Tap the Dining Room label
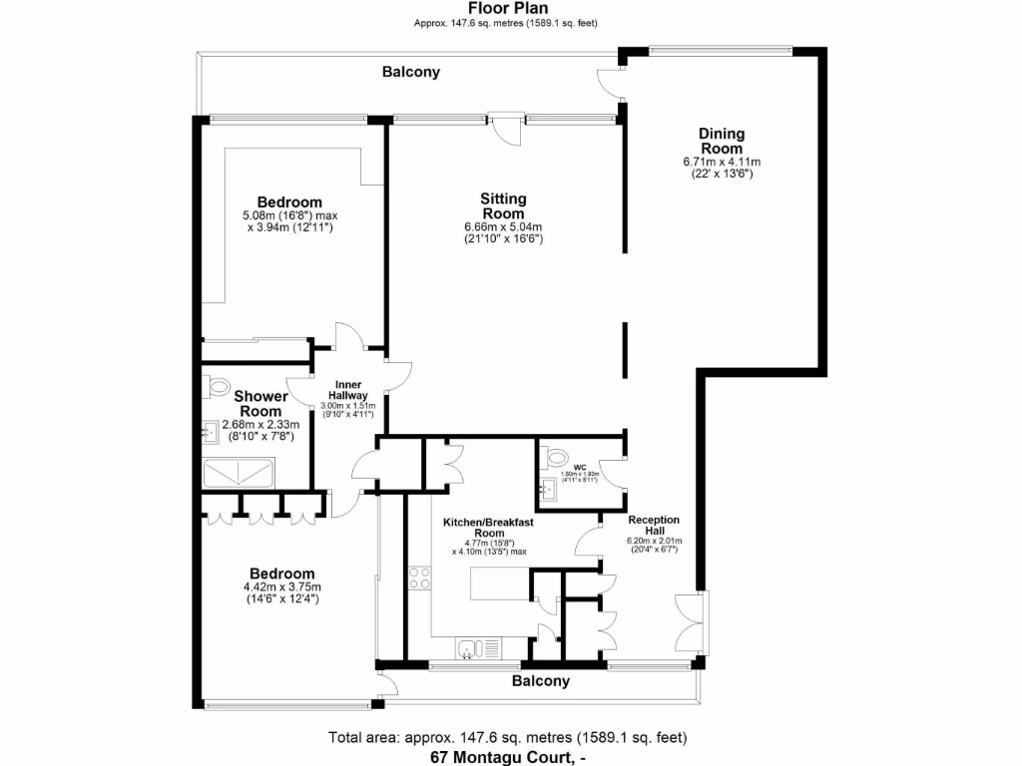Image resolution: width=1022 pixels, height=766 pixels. [x=721, y=141]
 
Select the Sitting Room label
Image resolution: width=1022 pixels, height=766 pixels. [x=503, y=206]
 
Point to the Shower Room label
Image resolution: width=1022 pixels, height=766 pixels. [x=259, y=403]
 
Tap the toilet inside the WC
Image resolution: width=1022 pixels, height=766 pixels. [x=554, y=459]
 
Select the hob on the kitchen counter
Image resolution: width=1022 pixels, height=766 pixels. [x=419, y=577]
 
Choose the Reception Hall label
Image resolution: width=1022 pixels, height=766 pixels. [x=654, y=526]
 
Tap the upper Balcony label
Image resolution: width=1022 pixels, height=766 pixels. [x=410, y=72]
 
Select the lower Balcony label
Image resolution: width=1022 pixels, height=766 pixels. [x=540, y=681]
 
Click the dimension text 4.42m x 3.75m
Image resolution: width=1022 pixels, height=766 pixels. [x=282, y=587]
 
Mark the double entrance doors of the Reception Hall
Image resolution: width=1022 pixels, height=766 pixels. [x=689, y=623]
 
